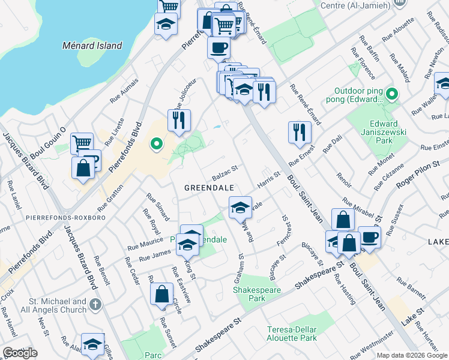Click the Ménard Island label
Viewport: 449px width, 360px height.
[92, 46]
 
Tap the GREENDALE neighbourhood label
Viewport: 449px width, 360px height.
[208, 188]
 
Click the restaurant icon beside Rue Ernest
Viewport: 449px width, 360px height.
[300, 132]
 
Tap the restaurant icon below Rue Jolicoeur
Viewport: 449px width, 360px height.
[179, 120]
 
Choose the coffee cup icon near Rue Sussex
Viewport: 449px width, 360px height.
[369, 236]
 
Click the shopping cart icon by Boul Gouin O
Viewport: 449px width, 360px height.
[81, 143]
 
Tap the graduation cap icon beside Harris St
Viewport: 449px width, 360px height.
[240, 208]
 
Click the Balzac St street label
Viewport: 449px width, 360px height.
[225, 173]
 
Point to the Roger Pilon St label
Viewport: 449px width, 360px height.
[419, 172]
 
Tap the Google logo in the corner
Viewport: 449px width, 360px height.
[20, 353]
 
